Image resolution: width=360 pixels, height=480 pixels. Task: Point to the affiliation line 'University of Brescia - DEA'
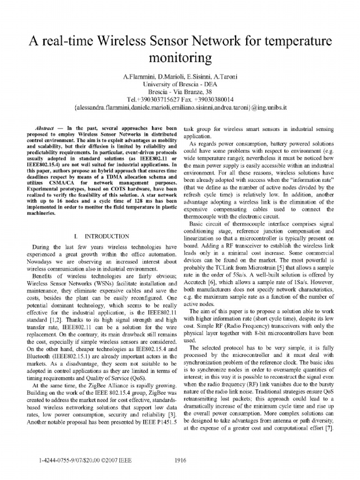pyautogui.click(x=180, y=83)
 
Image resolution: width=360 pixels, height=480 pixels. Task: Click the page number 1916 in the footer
pyautogui.click(x=181, y=460)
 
